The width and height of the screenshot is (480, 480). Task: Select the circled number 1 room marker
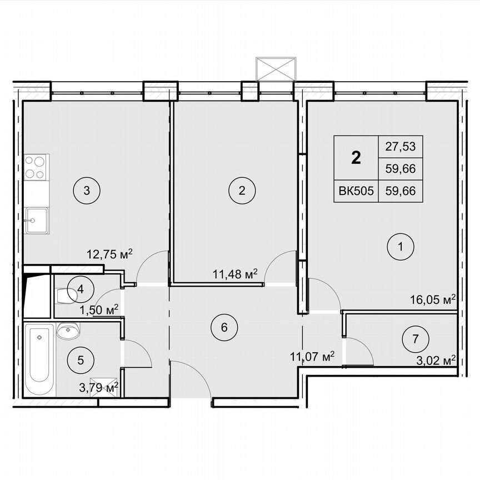[x=400, y=248]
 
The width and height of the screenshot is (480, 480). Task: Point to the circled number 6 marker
[x=224, y=326]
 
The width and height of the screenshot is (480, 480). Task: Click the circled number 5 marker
[x=81, y=360]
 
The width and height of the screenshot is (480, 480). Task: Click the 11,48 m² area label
[x=236, y=273]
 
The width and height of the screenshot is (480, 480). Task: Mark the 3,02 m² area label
[x=436, y=359]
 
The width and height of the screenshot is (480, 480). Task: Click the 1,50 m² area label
[x=99, y=309]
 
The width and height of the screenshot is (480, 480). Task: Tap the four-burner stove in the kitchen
[x=36, y=167]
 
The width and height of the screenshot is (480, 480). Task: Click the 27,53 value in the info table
[x=400, y=147]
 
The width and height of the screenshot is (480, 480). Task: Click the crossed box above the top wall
[x=274, y=69]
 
